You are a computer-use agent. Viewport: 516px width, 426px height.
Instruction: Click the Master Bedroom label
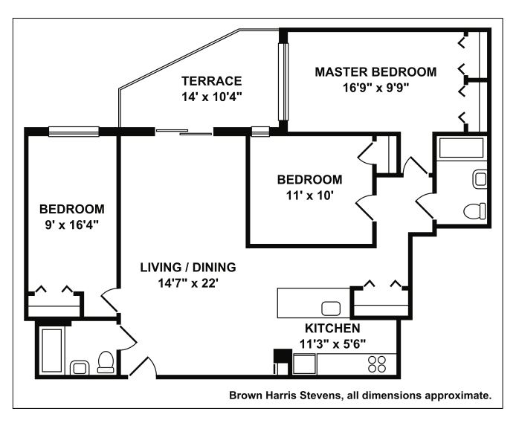click(375, 71)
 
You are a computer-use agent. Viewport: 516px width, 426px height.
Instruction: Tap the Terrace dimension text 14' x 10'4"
click(212, 97)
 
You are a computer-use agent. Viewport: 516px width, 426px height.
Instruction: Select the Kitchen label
click(332, 328)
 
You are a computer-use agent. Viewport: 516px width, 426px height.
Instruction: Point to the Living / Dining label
click(188, 267)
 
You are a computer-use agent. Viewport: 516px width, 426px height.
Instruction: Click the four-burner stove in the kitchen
click(377, 364)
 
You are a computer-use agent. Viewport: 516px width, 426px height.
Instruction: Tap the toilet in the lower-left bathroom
click(106, 362)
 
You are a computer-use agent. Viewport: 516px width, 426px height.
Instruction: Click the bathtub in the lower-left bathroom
click(51, 350)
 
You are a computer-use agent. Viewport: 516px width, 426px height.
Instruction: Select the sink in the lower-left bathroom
click(80, 367)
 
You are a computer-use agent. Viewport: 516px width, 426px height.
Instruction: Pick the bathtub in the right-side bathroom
click(462, 148)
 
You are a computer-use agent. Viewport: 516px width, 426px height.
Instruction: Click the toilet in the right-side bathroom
click(474, 211)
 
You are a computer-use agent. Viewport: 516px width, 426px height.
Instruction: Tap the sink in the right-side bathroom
click(480, 179)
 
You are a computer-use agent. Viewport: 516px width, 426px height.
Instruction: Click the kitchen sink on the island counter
click(331, 309)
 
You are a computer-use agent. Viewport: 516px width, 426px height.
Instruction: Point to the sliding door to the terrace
click(184, 132)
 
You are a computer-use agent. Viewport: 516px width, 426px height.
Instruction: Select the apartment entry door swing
click(143, 366)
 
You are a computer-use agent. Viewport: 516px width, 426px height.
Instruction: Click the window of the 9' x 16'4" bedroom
click(74, 132)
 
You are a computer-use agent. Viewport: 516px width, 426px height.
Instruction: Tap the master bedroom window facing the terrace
click(283, 82)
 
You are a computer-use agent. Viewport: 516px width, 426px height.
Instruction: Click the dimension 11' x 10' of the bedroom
click(309, 196)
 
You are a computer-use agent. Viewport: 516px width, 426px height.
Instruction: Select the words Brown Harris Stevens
click(285, 395)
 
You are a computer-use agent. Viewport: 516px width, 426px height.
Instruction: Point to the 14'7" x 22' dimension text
click(188, 283)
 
